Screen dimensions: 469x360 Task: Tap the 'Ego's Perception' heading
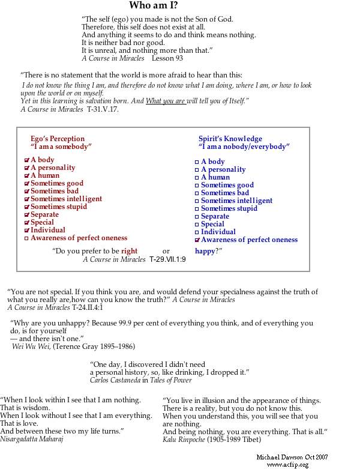58,139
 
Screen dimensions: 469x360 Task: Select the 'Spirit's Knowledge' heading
230,139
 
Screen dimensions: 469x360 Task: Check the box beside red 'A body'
26,160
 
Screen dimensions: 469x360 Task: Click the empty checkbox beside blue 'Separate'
197,217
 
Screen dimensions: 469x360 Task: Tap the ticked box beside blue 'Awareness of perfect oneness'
197,240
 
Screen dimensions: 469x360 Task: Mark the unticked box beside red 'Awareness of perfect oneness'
26,238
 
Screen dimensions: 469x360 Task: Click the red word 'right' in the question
129,251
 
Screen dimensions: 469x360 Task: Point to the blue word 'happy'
205,251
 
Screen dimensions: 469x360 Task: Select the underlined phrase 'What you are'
166,101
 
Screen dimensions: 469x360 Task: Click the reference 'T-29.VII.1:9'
167,259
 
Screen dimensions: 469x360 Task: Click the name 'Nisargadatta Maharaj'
32,439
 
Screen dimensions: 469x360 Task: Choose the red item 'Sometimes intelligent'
66,199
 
